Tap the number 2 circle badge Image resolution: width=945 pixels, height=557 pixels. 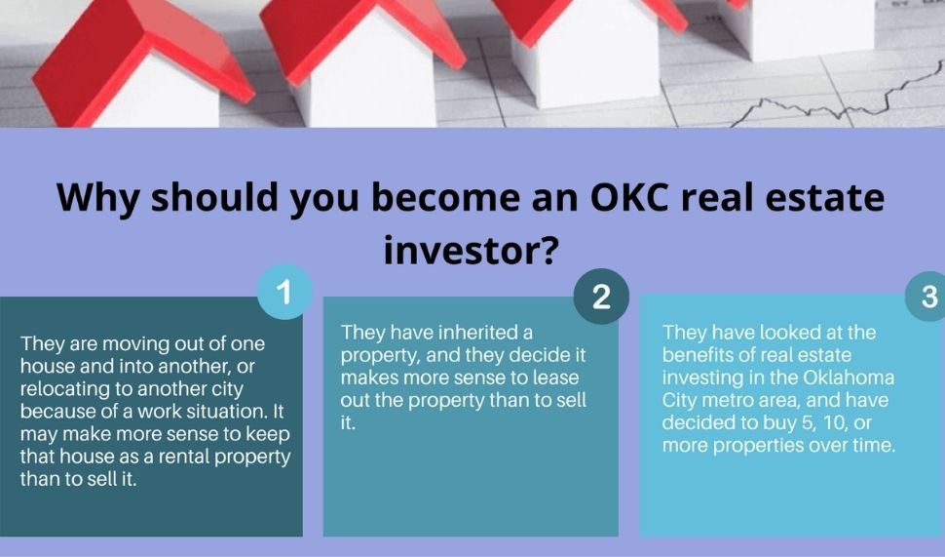pos(601,297)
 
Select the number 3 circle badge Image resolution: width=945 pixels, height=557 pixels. pos(928,297)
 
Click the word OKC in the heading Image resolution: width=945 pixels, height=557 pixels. pos(641,198)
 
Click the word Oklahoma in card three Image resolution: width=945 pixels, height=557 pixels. pos(847,378)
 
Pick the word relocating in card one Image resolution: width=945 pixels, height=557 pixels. pos(61,389)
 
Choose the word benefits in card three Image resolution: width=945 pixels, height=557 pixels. pos(700,355)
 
